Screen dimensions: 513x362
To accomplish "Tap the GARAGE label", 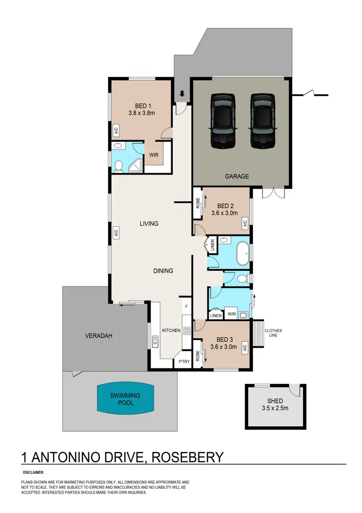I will tap(237, 176).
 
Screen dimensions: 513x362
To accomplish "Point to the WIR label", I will tap(154, 156).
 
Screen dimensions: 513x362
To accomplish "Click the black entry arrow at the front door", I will tap(181, 94).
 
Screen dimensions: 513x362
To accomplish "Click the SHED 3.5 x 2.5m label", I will tap(275, 405).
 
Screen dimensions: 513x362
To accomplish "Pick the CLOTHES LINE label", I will tap(273, 334).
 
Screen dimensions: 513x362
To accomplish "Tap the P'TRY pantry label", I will tap(184, 361).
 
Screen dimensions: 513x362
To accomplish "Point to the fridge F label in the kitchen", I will tap(186, 306).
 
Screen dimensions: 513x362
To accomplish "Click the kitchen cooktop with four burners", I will tap(187, 331).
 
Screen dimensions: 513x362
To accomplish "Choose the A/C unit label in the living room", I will tap(116, 233).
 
